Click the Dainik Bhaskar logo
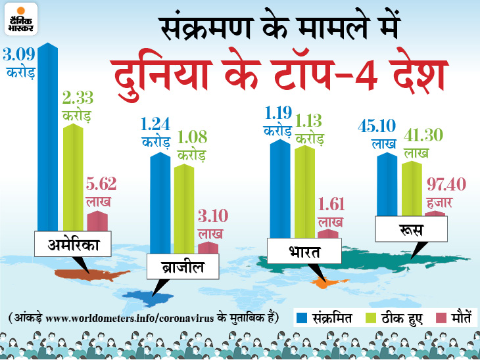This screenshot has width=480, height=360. coord(20,18)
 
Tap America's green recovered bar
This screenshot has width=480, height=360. coord(73,177)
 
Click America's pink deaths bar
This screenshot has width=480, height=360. coord(97,221)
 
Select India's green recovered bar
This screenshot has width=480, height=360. coord(304,191)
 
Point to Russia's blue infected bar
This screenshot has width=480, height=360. coord(385,184)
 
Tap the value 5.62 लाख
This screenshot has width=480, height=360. coord(99,191)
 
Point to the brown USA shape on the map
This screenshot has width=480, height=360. coord(79,275)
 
